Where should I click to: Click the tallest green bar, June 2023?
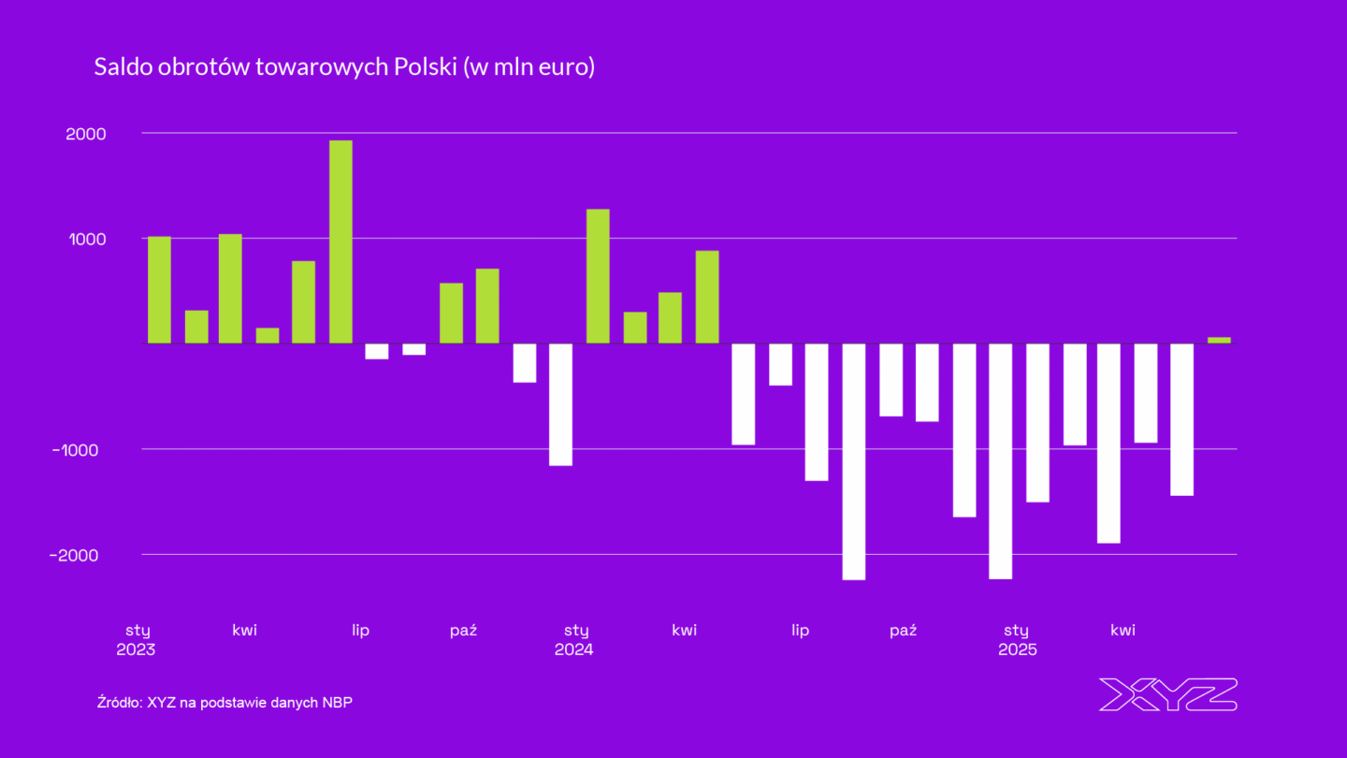[340, 241]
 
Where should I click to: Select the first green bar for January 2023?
[159, 290]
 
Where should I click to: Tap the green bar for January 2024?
[598, 276]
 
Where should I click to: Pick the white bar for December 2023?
[560, 404]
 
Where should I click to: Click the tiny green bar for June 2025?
[1219, 340]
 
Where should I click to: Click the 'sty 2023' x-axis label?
[137, 639]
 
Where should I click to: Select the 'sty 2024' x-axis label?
[575, 639]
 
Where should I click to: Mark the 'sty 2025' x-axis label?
[1017, 639]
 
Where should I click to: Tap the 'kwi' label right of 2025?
[1122, 630]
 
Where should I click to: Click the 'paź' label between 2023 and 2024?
[463, 630]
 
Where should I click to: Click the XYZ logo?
[1166, 694]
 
